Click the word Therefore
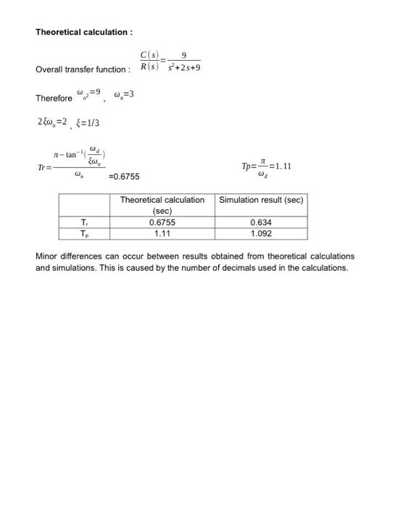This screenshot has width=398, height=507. tap(54, 99)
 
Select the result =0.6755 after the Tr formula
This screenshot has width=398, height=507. tap(124, 176)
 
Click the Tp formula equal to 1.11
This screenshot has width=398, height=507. tap(266, 166)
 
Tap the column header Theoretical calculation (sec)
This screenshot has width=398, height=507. tap(162, 204)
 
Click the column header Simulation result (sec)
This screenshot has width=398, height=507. tap(261, 199)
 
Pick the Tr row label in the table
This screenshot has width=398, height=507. tap(85, 223)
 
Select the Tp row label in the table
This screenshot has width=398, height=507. tap(85, 234)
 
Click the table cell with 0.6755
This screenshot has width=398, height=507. tap(162, 223)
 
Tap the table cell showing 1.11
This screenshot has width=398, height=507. tap(162, 234)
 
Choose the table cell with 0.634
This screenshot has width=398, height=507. tap(261, 223)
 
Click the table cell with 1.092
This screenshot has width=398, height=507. tap(261, 234)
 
